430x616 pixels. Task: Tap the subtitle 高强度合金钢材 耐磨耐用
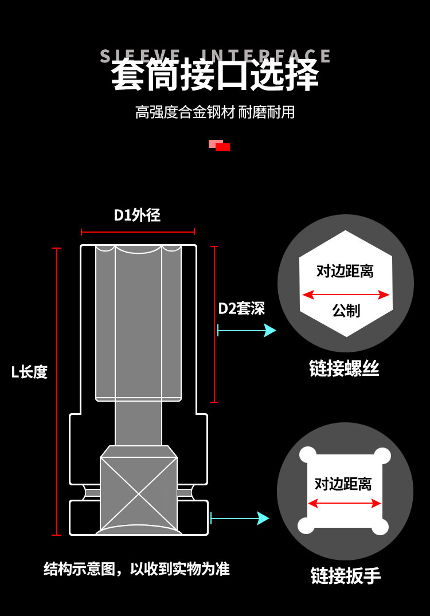(x=215, y=112)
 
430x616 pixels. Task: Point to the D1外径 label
(x=137, y=215)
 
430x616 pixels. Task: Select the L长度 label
(x=29, y=372)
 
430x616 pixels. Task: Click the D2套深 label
(x=241, y=308)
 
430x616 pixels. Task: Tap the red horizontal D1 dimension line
(x=138, y=232)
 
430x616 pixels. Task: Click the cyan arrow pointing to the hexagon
(x=247, y=331)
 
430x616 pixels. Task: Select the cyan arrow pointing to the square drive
(x=240, y=519)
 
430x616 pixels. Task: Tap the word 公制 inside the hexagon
(x=346, y=311)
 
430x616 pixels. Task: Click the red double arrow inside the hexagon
(x=346, y=295)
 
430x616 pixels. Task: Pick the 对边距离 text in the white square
(x=343, y=484)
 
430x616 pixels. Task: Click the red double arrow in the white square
(x=344, y=504)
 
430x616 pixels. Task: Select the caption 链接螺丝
(x=344, y=368)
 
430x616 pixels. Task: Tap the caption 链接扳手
(x=345, y=575)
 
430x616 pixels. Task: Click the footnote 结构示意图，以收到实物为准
(x=136, y=568)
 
